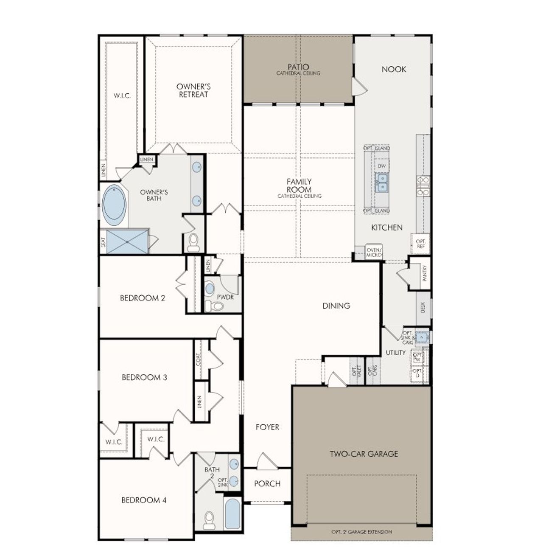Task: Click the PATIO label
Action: point(298,67)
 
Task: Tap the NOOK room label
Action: point(394,69)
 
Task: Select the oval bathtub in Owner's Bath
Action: point(114,205)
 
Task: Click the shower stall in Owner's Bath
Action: point(127,241)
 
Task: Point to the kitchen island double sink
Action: point(382,182)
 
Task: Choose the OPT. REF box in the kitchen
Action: point(420,244)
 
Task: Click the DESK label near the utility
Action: point(423,307)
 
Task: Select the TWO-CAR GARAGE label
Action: point(364,454)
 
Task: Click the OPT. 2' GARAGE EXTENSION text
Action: point(361,532)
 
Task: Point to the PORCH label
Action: point(267,483)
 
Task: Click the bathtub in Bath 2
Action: point(232,514)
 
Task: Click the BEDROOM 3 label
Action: point(141,377)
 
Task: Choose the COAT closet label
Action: point(199,360)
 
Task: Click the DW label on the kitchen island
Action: point(382,166)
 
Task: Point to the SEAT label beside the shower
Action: point(103,242)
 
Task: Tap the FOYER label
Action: point(267,427)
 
